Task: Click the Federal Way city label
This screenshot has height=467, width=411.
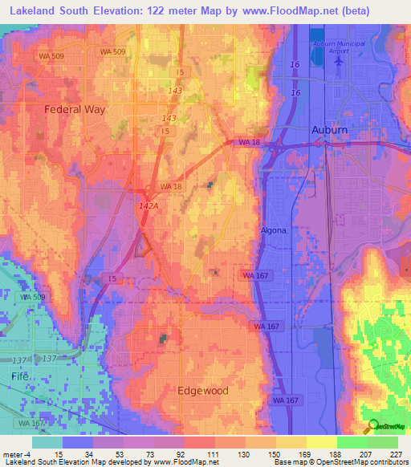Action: point(75,109)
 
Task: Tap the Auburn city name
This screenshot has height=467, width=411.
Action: point(329,129)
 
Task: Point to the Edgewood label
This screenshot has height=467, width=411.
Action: point(202,391)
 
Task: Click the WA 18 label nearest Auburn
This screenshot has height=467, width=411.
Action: point(250,142)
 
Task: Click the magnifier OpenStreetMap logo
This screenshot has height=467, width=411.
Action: point(371,425)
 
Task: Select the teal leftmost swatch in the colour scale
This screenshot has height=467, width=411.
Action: point(47,442)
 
